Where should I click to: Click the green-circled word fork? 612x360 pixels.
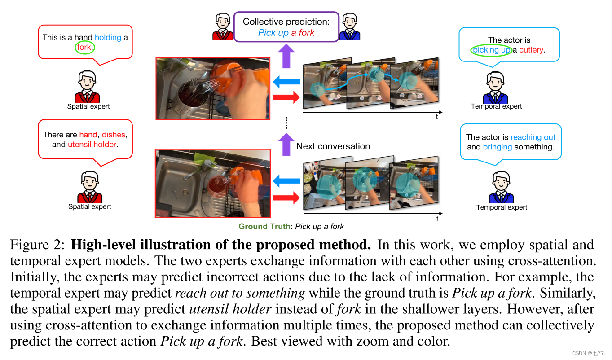(85, 47)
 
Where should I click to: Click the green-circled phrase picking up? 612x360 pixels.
(491, 50)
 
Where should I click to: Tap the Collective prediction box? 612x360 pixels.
(286, 27)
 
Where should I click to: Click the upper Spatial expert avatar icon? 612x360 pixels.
(88, 87)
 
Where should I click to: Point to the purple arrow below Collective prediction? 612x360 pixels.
(286, 57)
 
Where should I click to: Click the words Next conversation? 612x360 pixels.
(333, 146)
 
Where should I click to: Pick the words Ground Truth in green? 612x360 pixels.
(264, 226)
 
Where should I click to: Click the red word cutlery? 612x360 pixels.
(531, 50)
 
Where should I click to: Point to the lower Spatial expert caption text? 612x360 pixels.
(89, 206)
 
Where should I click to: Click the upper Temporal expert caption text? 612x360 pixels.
(496, 106)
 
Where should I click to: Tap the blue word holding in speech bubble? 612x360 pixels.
(108, 37)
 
